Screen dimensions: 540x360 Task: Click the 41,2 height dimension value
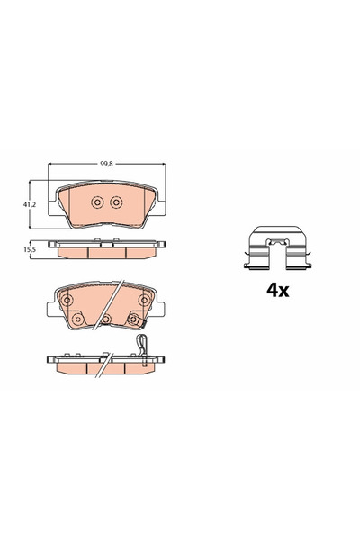(x=29, y=205)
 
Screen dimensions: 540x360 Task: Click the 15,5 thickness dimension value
(x=29, y=250)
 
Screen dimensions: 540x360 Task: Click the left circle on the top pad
(x=98, y=202)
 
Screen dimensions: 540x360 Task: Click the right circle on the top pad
(x=115, y=202)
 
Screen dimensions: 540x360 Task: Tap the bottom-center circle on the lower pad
(x=106, y=319)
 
